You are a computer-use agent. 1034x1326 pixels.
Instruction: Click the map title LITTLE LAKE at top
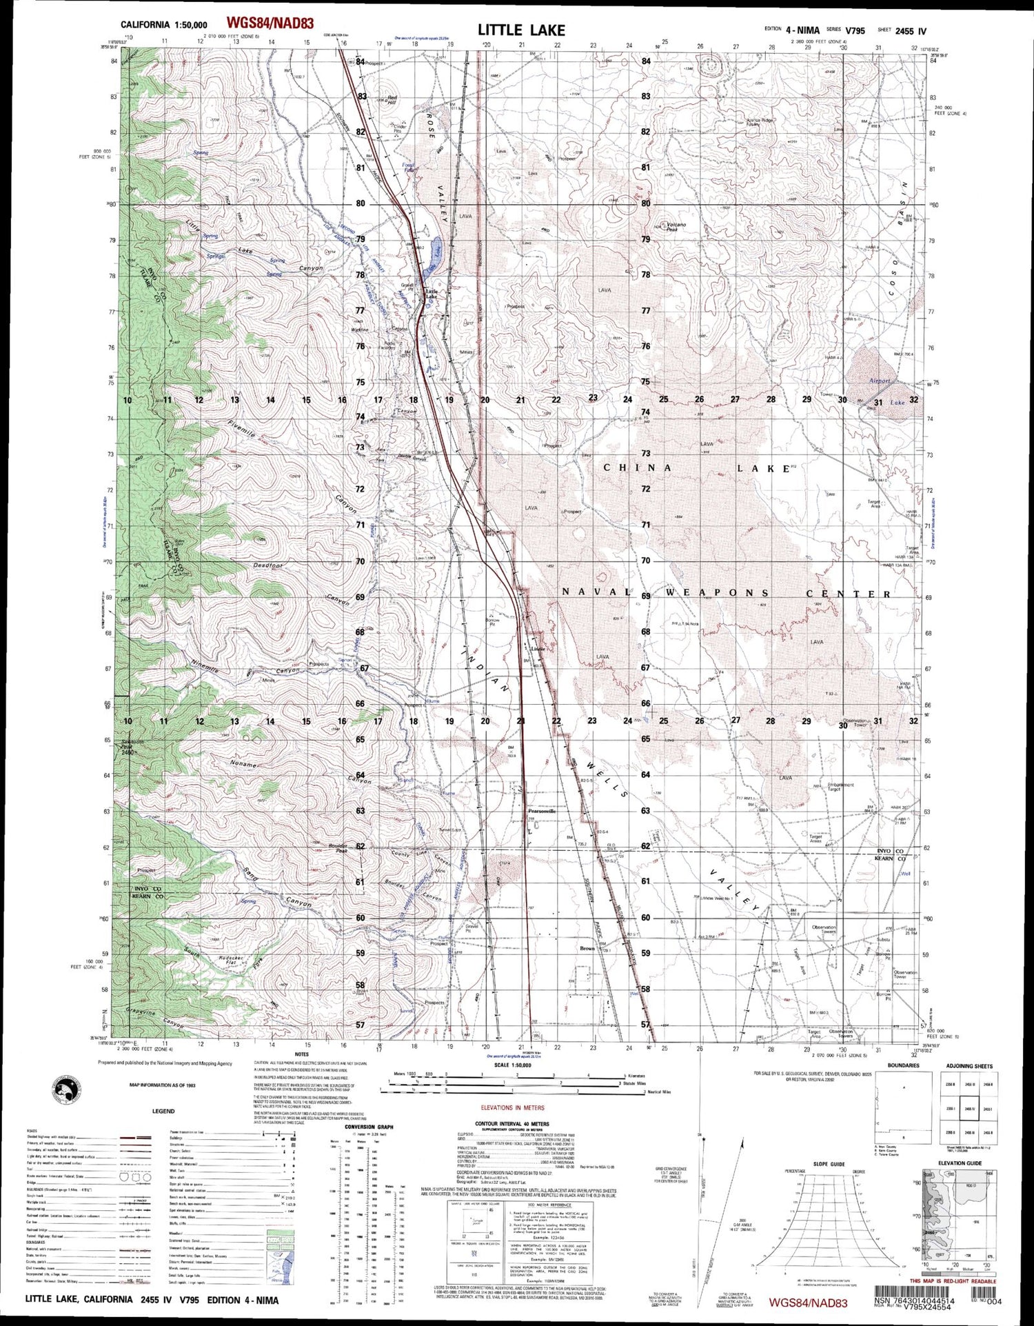(521, 30)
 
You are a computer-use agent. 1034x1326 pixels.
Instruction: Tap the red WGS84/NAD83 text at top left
(270, 23)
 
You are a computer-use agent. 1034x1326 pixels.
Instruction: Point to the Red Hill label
(392, 99)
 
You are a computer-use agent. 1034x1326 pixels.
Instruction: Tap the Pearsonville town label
(541, 811)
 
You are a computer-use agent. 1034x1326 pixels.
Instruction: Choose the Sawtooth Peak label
(125, 745)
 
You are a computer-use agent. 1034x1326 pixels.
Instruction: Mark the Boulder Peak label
(337, 848)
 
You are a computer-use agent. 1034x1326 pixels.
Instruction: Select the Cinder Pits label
(400, 128)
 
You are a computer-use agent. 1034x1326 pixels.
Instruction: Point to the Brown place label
(587, 948)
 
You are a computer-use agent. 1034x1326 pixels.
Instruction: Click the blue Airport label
(880, 381)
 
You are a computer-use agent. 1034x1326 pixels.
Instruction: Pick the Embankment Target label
(840, 786)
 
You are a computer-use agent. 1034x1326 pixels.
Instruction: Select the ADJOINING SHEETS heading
(969, 1066)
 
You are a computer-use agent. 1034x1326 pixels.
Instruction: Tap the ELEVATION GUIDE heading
(959, 1163)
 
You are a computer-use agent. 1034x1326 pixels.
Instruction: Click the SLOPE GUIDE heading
(829, 1164)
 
